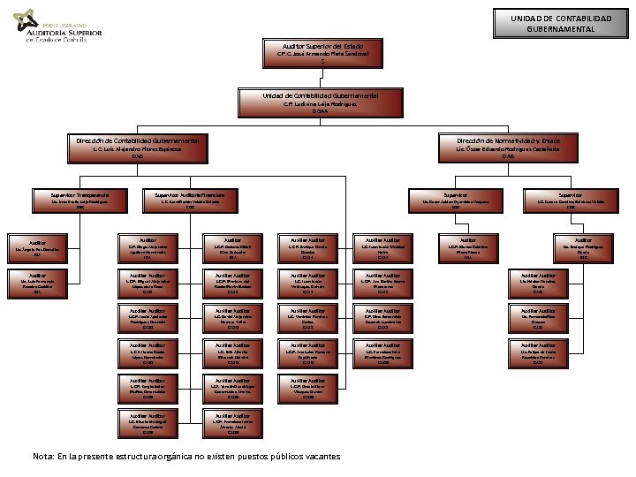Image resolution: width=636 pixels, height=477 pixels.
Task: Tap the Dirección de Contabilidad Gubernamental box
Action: (137, 148)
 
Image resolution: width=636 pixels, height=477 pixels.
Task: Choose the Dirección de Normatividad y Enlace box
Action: (508, 148)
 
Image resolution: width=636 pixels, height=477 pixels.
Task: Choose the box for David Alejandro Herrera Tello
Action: (232, 318)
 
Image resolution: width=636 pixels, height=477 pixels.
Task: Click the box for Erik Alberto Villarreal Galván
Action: (232, 353)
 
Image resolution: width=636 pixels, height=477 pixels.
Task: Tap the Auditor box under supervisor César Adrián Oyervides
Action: (468, 247)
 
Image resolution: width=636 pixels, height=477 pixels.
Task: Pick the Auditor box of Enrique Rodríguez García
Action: (583, 247)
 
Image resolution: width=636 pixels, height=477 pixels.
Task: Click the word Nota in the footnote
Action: (43, 456)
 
